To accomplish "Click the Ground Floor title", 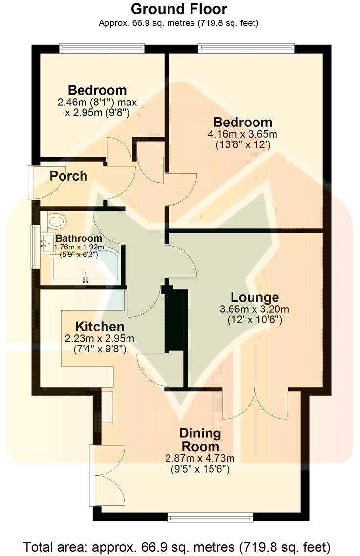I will [x=179, y=9].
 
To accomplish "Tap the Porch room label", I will [x=68, y=176].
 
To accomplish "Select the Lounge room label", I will [x=254, y=297].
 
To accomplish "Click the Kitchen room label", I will [x=99, y=327].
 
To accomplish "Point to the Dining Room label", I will [x=200, y=439].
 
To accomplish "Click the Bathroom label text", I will [x=79, y=239].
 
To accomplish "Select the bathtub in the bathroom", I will [x=85, y=269].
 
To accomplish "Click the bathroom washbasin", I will [x=47, y=243].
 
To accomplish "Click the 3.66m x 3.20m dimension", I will [x=254, y=309].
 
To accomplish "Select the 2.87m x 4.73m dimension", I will [x=200, y=458].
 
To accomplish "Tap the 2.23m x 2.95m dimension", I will [x=99, y=338].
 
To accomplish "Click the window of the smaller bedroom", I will [x=102, y=48].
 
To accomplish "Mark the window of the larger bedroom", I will [x=246, y=48].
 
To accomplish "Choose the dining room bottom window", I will [x=210, y=515].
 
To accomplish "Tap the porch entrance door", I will [x=32, y=183].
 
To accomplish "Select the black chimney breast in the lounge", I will [x=176, y=322].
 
